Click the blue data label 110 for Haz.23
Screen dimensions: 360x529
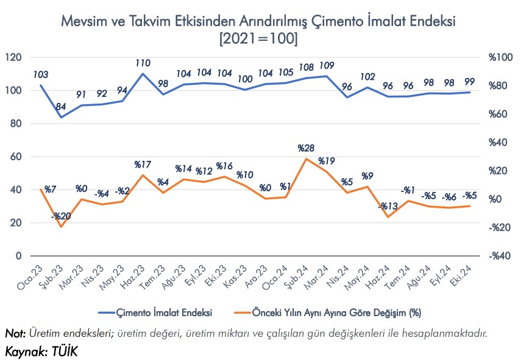(x=143, y=63)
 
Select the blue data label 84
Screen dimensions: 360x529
(x=61, y=107)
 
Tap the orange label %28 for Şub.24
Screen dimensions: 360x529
(x=305, y=148)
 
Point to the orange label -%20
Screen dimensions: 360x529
(x=61, y=216)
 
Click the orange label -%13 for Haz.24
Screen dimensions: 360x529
(x=387, y=206)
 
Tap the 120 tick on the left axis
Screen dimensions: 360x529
(x=13, y=57)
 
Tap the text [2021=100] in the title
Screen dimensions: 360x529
(x=258, y=38)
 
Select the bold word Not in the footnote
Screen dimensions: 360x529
(x=14, y=333)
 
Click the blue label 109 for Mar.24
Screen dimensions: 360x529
(x=327, y=65)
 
